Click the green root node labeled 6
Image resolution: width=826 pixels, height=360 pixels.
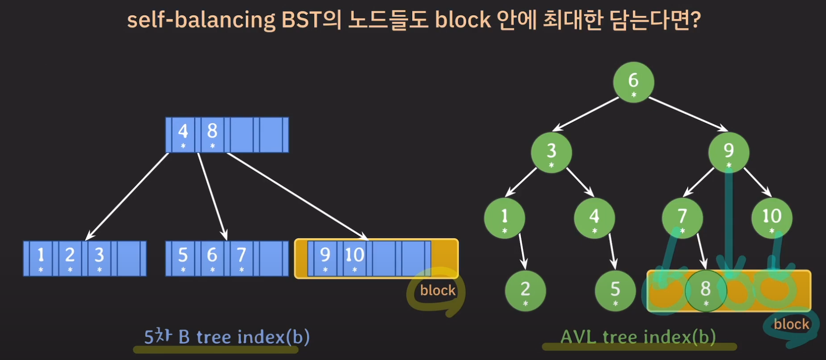click(633, 82)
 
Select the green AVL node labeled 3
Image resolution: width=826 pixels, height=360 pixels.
click(551, 152)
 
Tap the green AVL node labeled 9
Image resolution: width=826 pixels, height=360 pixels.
click(729, 152)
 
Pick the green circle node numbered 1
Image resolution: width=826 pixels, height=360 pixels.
click(505, 218)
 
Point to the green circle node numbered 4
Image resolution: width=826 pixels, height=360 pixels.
click(594, 218)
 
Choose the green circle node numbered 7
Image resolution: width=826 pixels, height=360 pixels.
click(682, 218)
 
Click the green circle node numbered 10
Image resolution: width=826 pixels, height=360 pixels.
click(772, 218)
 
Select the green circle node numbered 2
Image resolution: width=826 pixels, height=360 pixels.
click(525, 290)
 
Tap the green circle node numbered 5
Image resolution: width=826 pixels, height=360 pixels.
click(615, 290)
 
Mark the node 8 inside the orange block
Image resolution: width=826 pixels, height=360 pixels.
click(706, 290)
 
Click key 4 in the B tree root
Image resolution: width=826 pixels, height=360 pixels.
click(183, 134)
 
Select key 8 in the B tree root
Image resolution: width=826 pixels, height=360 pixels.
click(212, 134)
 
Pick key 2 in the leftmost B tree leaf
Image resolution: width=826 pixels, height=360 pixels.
click(70, 258)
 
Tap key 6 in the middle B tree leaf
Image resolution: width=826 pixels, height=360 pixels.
click(212, 258)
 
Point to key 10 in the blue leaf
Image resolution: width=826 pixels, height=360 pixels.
click(354, 258)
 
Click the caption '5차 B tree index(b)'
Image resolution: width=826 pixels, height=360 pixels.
click(226, 337)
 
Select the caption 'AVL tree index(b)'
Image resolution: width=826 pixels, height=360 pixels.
click(638, 337)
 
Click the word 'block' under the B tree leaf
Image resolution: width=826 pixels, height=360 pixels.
click(438, 290)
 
